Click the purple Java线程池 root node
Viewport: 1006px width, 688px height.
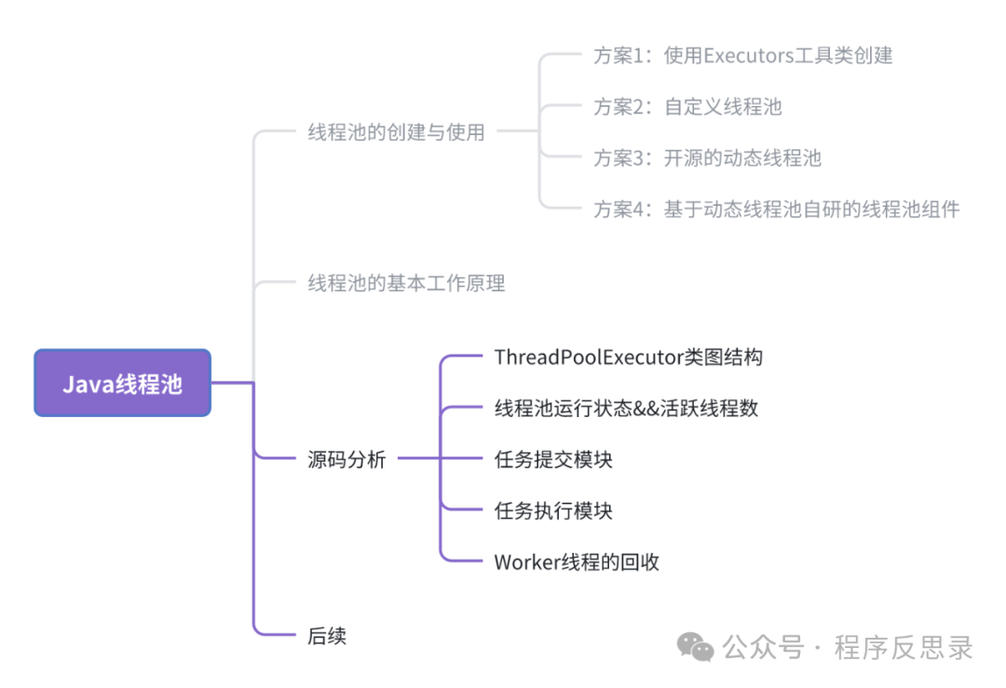(122, 383)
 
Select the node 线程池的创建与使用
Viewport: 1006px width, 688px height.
(396, 132)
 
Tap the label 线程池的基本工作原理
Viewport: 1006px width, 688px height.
(406, 283)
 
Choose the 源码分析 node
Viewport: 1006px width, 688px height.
(347, 459)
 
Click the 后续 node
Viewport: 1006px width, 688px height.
(327, 636)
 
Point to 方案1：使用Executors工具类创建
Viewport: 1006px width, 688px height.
(743, 56)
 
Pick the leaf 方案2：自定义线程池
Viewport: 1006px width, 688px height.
(687, 107)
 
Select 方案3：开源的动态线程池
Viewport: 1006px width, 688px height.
(707, 158)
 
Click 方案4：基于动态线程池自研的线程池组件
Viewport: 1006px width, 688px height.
(776, 209)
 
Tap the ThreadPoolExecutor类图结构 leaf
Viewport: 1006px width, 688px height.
(629, 357)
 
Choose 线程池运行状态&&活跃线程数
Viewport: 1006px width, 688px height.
(626, 408)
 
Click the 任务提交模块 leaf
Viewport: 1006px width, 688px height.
(553, 459)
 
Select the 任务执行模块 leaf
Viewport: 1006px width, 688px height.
(553, 510)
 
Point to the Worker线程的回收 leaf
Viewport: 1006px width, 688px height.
(577, 561)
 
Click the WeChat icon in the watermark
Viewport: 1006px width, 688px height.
(695, 646)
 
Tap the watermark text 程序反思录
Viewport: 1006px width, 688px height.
(904, 647)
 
